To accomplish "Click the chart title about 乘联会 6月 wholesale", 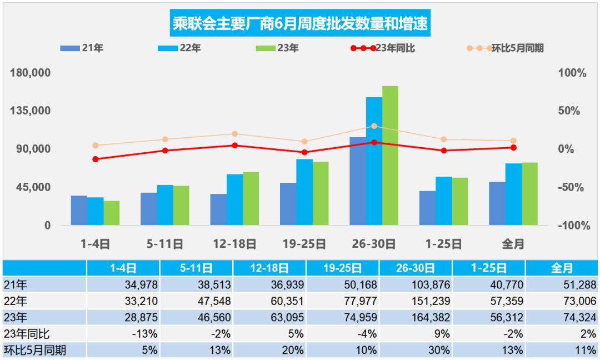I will click(300, 24).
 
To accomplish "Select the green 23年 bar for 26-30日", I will click(390, 156).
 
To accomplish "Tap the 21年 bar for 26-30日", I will click(357, 181).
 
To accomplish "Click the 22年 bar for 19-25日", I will click(304, 192).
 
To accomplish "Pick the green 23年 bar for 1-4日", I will click(112, 213).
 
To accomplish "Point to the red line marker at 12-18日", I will click(234, 146).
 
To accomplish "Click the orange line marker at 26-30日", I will click(374, 126).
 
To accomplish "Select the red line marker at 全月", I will click(513, 148).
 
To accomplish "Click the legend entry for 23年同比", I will click(383, 48).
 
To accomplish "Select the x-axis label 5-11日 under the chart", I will click(164, 243).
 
